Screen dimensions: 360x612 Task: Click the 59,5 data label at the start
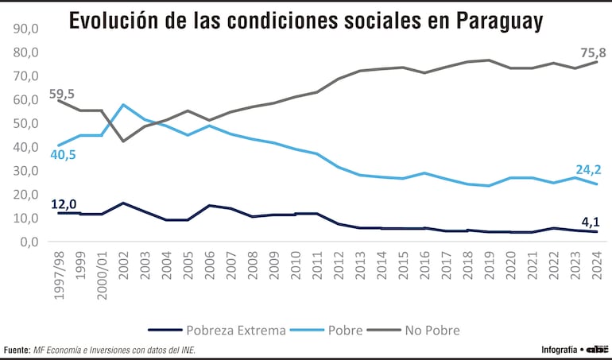pyautogui.click(x=61, y=95)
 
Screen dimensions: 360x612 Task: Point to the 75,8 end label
pyautogui.click(x=593, y=52)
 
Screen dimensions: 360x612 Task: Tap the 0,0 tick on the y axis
pyautogui.click(x=25, y=242)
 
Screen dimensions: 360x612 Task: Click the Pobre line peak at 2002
pyautogui.click(x=123, y=105)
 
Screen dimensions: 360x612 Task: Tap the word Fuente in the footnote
pyautogui.click(x=17, y=350)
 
